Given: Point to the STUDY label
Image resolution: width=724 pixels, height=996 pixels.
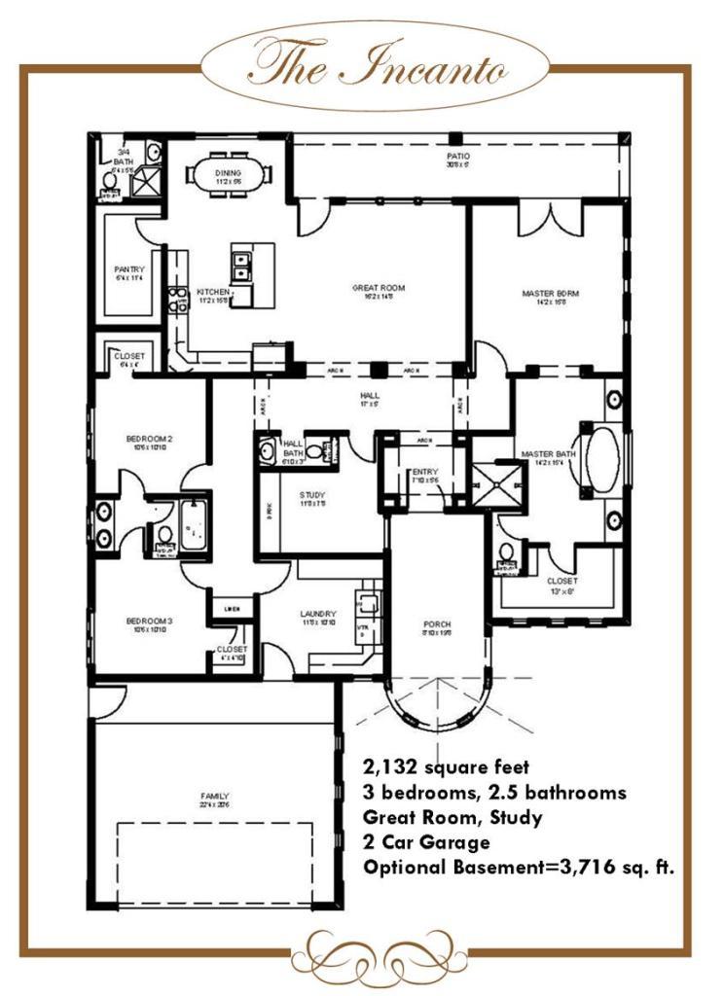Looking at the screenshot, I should tap(312, 498).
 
